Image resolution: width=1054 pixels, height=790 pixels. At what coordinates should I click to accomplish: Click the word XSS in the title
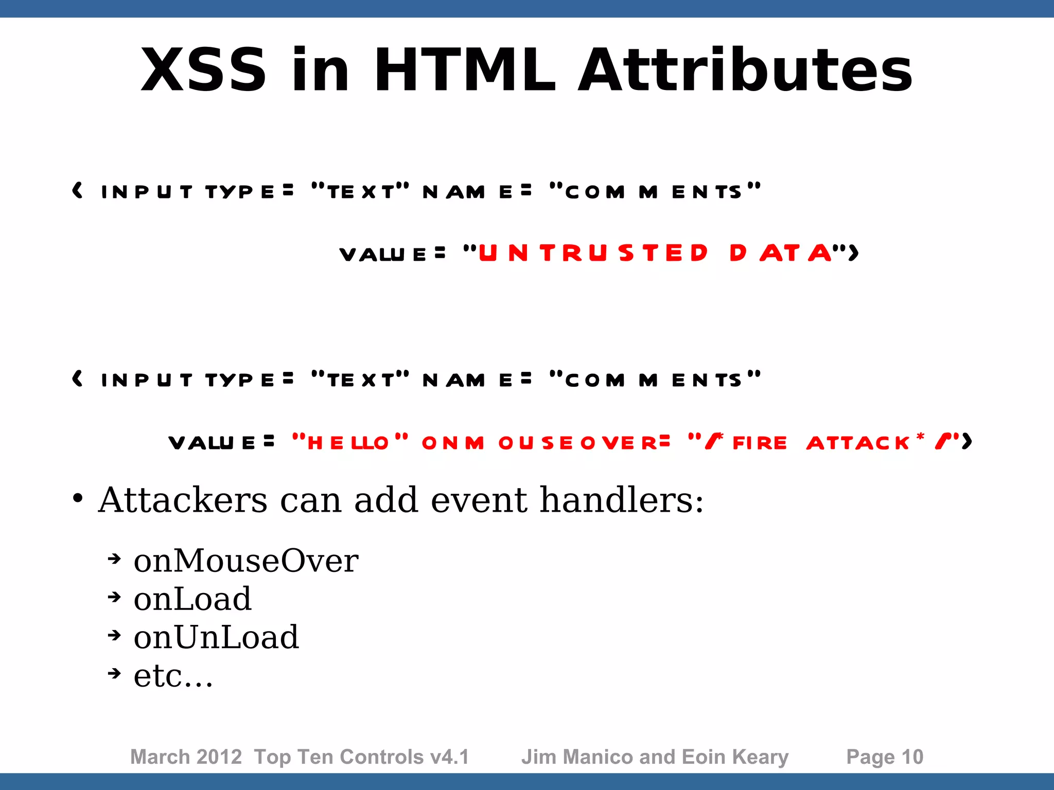(x=203, y=70)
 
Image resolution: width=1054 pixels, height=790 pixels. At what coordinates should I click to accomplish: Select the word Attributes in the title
(x=745, y=70)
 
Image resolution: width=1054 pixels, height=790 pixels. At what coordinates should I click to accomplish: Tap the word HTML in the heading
(x=465, y=70)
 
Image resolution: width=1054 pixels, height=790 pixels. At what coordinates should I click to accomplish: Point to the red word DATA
(x=780, y=253)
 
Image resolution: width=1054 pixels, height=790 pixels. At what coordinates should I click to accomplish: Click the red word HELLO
(x=348, y=442)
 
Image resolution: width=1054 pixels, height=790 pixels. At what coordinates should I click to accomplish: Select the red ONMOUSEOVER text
(x=546, y=442)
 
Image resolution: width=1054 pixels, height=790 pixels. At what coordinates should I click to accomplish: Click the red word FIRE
(x=760, y=442)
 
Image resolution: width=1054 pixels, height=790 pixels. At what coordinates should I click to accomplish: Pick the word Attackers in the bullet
(x=183, y=500)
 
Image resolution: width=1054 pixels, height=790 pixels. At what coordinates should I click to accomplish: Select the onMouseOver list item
(x=246, y=561)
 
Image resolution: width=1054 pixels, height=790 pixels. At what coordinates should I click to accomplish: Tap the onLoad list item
(x=192, y=599)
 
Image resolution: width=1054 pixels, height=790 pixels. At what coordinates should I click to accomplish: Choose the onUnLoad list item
(x=216, y=638)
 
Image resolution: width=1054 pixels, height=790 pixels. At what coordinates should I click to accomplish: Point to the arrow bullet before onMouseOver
(x=114, y=559)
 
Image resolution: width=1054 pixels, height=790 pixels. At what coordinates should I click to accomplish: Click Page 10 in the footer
(x=885, y=757)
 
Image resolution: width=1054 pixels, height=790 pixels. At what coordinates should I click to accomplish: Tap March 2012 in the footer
(x=186, y=757)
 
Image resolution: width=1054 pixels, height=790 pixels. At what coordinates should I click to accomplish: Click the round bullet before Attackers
(x=78, y=498)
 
